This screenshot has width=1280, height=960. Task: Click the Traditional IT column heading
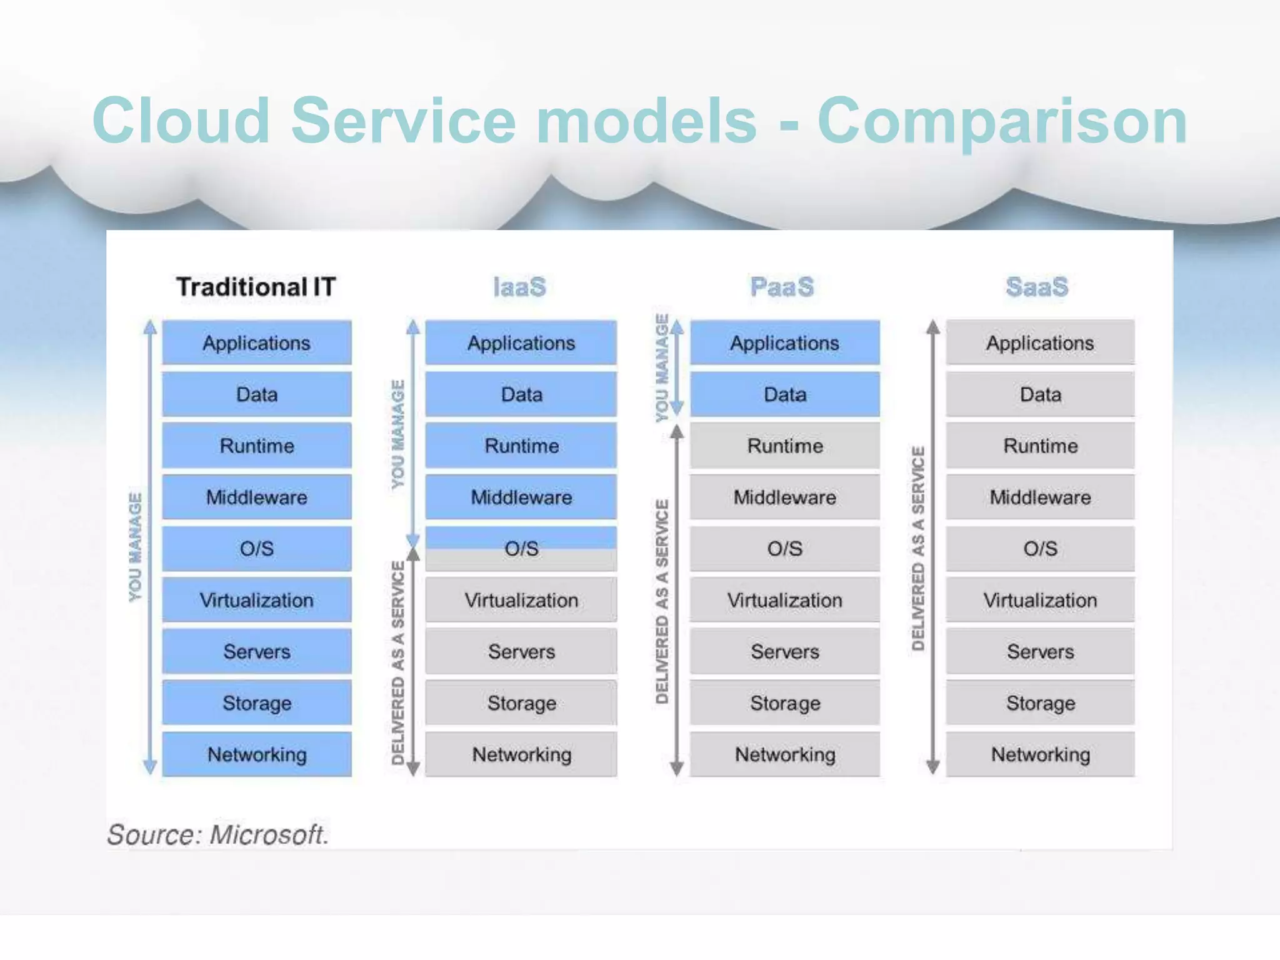pyautogui.click(x=256, y=287)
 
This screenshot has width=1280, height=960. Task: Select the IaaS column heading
pyautogui.click(x=519, y=287)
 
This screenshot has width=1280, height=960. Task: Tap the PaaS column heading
pyautogui.click(x=782, y=287)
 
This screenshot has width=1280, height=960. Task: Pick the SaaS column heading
pyautogui.click(x=1037, y=287)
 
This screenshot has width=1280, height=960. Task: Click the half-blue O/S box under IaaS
pyautogui.click(x=521, y=548)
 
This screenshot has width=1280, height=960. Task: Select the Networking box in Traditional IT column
pyautogui.click(x=257, y=754)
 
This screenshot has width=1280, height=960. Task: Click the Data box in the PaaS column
pyautogui.click(x=785, y=394)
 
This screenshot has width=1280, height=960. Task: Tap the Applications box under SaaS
pyautogui.click(x=1040, y=342)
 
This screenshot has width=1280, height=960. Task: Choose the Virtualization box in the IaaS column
pyautogui.click(x=521, y=600)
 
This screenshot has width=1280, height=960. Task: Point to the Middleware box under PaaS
pyautogui.click(x=785, y=497)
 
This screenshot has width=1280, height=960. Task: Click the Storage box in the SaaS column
pyautogui.click(x=1040, y=703)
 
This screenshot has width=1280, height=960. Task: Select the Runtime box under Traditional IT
pyautogui.click(x=257, y=446)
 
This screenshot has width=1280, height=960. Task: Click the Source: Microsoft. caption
pyautogui.click(x=217, y=834)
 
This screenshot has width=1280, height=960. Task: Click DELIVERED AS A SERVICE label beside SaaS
pyautogui.click(x=917, y=548)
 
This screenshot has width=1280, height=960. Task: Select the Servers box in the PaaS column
pyautogui.click(x=785, y=651)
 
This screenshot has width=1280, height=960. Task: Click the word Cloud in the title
pyautogui.click(x=181, y=121)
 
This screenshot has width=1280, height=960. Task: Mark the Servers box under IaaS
pyautogui.click(x=521, y=651)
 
